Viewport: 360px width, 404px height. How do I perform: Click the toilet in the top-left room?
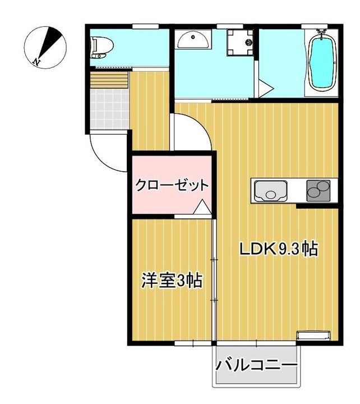tap(102, 47)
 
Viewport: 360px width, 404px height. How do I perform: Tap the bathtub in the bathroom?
tap(322, 62)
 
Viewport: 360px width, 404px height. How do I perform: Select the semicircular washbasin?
tap(193, 39)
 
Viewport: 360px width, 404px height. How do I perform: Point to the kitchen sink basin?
tap(270, 191)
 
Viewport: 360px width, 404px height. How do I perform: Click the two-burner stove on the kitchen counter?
tap(319, 190)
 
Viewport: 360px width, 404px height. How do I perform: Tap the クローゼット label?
tap(172, 185)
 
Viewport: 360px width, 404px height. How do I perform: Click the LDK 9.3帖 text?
tap(279, 249)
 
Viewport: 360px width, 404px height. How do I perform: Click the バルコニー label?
tap(256, 365)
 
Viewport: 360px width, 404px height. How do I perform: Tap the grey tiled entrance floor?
tap(109, 108)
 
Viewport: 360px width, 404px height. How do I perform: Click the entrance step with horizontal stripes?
tap(109, 80)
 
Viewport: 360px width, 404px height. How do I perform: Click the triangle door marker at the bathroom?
tap(266, 89)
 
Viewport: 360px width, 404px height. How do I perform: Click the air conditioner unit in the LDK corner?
tap(313, 336)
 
